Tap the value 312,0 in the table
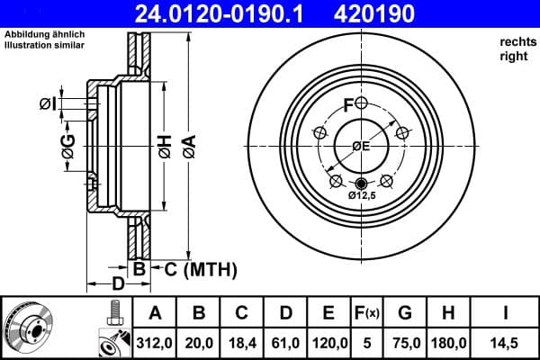point(154,343)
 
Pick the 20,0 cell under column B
point(200,343)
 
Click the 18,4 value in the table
point(242,343)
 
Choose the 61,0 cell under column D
point(285,343)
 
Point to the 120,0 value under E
point(329,343)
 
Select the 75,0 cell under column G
point(405,343)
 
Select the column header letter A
point(154,313)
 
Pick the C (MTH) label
point(192,268)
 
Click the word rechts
point(514,42)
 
